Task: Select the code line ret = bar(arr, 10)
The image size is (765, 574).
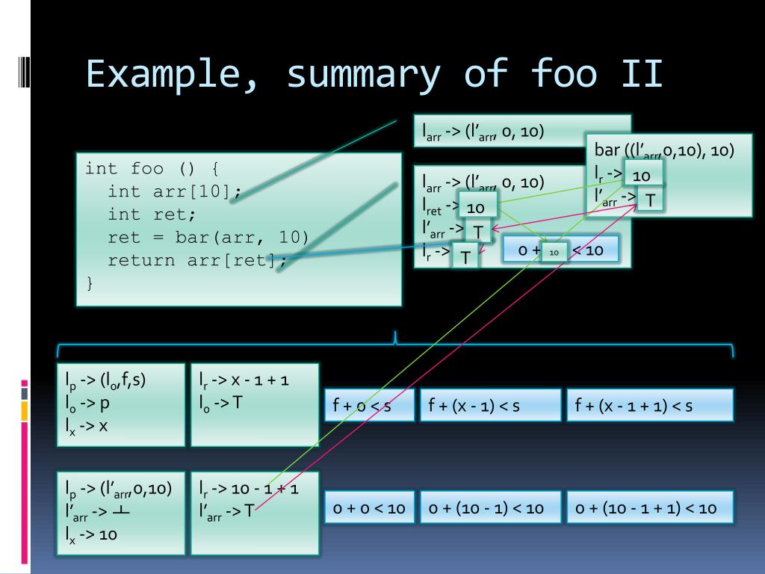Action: pos(208,238)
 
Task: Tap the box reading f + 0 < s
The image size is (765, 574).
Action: pos(368,406)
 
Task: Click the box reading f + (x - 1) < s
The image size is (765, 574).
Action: pos(489,406)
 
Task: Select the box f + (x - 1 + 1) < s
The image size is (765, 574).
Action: pos(649,406)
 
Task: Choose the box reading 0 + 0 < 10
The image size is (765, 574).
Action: pos(368,508)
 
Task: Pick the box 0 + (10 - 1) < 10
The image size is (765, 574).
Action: pos(489,508)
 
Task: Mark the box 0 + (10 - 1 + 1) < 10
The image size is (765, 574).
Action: pos(649,508)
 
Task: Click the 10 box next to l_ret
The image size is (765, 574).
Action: pos(476,206)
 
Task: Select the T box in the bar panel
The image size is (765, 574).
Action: pos(651,200)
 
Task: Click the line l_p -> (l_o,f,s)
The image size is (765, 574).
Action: pos(105,379)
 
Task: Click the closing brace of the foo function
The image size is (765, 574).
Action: pos(90,284)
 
